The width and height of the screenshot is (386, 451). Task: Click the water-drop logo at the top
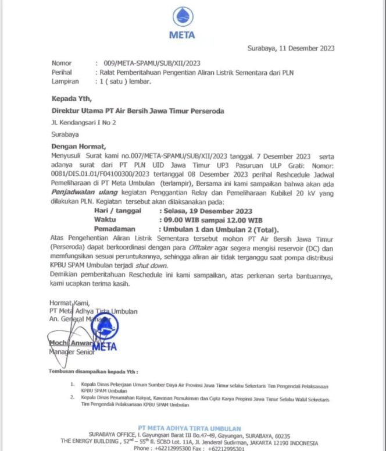(181, 15)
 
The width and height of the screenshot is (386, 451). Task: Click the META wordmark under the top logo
(182, 34)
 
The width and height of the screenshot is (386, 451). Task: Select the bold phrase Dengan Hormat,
(77, 147)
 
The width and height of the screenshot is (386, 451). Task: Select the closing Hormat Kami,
(69, 303)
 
